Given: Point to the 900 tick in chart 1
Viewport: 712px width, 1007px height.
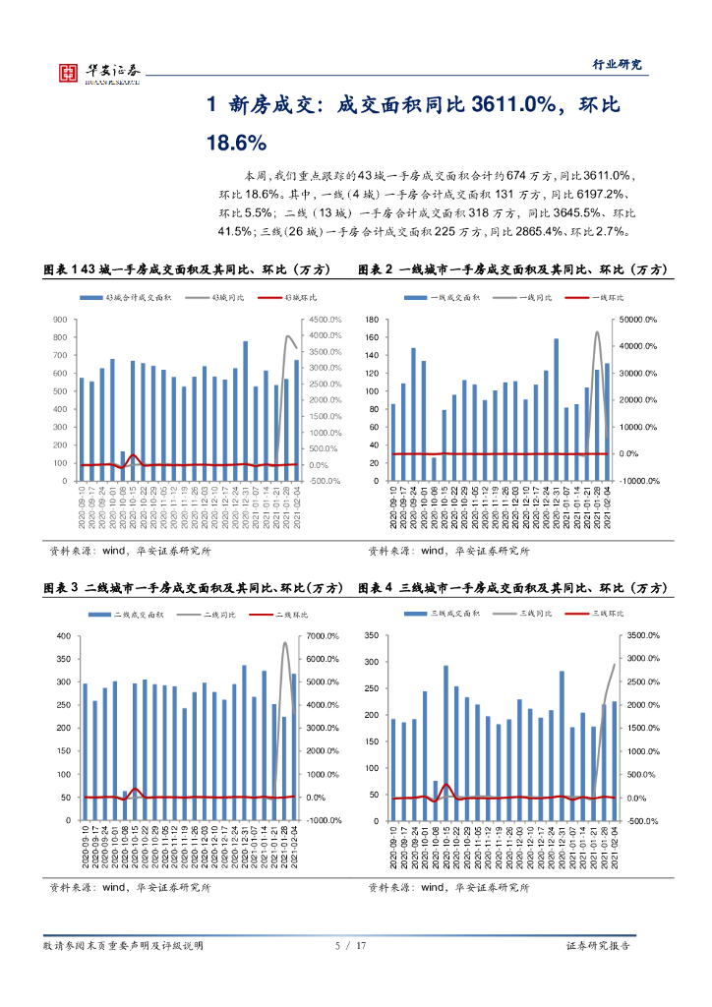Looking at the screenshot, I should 60,320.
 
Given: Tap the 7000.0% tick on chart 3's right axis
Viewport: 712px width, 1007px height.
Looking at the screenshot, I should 324,635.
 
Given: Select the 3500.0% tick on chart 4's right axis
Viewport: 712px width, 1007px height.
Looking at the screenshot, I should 644,635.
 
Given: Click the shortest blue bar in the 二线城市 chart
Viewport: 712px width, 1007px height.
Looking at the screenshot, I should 125,805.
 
